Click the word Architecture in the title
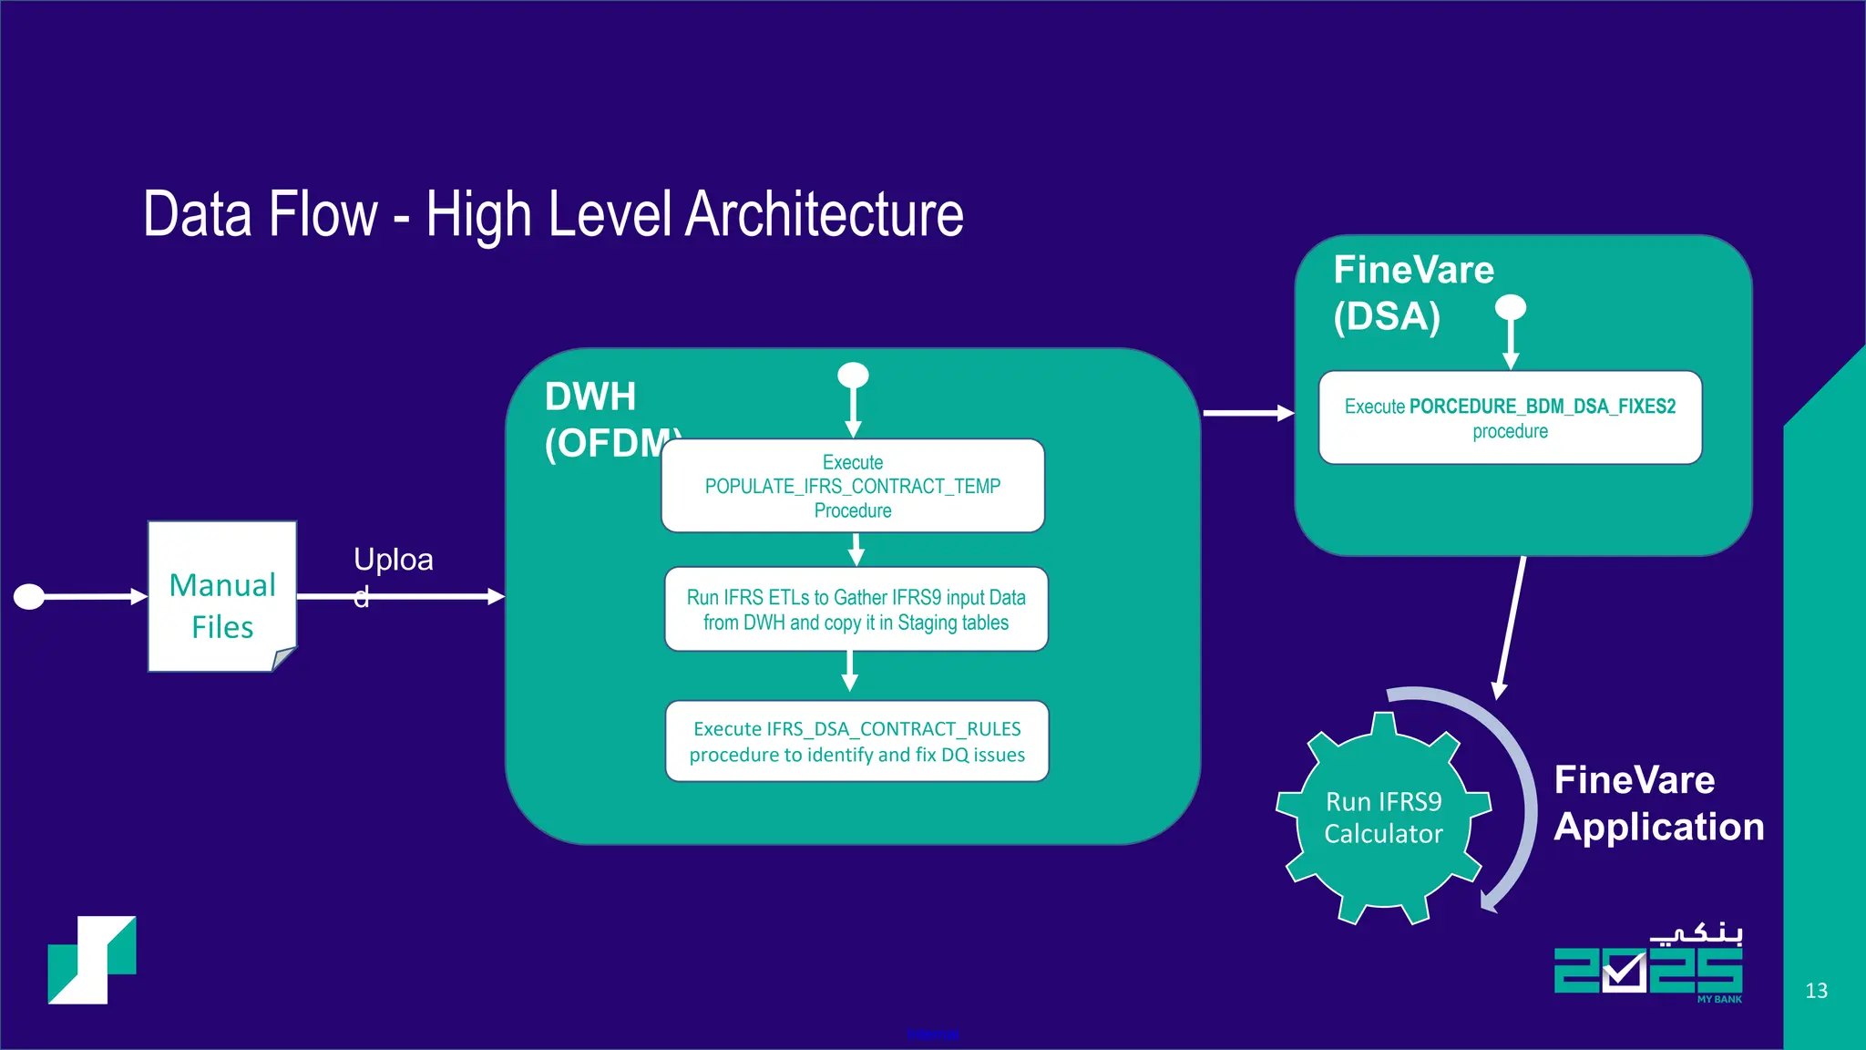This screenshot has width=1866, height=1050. [x=824, y=215]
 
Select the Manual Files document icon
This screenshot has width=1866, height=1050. [x=222, y=597]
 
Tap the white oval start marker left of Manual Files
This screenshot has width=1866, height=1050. [x=29, y=597]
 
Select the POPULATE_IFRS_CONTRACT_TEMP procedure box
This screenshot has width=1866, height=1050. [x=853, y=486]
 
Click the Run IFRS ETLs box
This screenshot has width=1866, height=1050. [x=856, y=610]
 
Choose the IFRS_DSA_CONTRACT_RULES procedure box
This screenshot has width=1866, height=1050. [x=856, y=741]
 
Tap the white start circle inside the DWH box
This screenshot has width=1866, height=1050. [x=853, y=375]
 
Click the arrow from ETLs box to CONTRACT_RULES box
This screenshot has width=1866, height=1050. [x=850, y=673]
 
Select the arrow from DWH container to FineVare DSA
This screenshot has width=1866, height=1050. [x=1247, y=413]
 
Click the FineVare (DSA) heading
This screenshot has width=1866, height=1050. [x=1412, y=293]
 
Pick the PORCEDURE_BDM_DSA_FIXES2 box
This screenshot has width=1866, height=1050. [x=1510, y=417]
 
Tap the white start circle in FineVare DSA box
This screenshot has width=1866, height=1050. [x=1511, y=307]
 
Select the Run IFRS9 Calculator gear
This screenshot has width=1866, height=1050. [x=1383, y=818]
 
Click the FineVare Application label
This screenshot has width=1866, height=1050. [x=1658, y=803]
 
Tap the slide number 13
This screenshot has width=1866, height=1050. [x=1816, y=991]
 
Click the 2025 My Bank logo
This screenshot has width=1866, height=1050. [x=1649, y=966]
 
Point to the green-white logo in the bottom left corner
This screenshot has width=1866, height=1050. [x=92, y=960]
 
